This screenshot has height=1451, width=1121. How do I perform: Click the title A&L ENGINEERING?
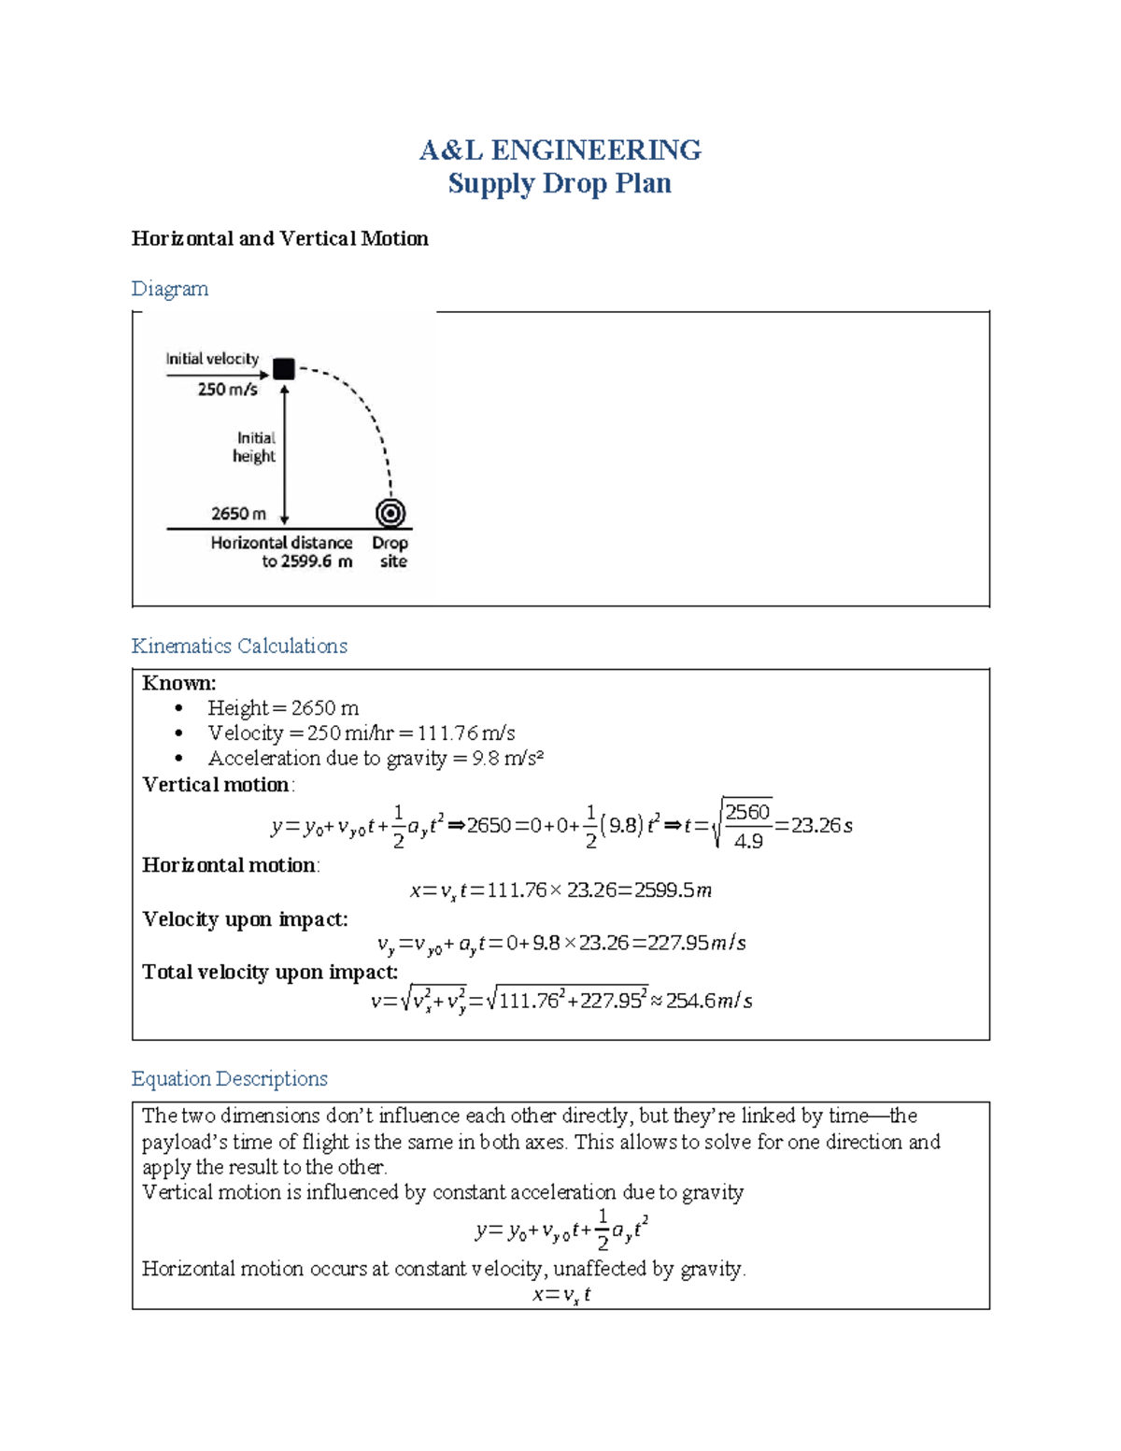[560, 149]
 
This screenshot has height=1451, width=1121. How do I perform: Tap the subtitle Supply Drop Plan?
[560, 183]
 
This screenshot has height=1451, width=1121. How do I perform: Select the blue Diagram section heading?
[170, 289]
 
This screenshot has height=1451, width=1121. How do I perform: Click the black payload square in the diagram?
[284, 369]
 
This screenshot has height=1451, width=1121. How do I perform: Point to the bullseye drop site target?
[390, 513]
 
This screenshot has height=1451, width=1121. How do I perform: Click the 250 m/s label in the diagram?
[227, 390]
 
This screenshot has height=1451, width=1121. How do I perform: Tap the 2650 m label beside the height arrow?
[238, 514]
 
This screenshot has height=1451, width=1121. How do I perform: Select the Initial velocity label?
[212, 359]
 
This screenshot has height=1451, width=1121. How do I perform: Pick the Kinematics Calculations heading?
[239, 646]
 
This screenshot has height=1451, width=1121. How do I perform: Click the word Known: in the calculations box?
[179, 683]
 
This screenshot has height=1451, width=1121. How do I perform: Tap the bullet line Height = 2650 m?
[283, 708]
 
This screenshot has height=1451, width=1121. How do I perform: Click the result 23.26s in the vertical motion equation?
[821, 826]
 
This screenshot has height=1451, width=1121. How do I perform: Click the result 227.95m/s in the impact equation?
[698, 944]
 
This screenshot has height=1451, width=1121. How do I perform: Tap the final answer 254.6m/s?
[709, 1001]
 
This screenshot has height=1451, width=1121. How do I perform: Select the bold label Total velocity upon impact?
[270, 973]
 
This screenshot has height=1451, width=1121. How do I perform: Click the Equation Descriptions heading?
[230, 1079]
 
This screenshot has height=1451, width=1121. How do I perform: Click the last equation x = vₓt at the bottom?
[560, 1295]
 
